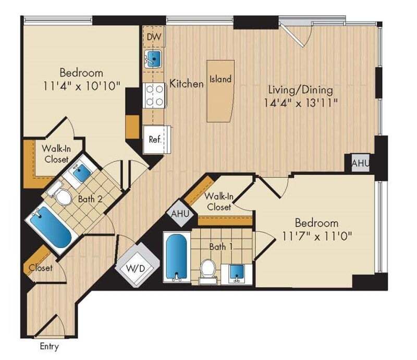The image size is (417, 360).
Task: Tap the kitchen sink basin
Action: click(153, 58)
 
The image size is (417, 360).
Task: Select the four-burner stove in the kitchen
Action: click(154, 95)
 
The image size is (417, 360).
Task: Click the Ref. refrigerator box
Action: click(154, 140)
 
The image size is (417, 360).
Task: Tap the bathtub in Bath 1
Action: click(176, 257)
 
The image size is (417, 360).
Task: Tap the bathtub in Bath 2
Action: click(51, 228)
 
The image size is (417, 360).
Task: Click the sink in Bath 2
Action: click(81, 172)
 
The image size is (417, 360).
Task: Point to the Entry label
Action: click(49, 346)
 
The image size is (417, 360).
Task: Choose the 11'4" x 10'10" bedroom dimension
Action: click(80, 86)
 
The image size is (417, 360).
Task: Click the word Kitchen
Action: click(187, 83)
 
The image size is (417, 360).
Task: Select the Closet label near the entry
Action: click(40, 268)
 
